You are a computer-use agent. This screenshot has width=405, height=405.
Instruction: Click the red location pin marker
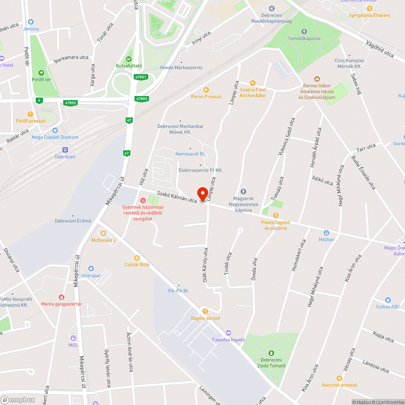tap(201, 194)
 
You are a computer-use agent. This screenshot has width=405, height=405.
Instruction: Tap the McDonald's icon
tap(103, 233)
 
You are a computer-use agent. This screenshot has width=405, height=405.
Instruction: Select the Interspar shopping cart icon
tap(91, 268)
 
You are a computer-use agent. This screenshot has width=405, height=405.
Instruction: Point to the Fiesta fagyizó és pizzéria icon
tap(276, 215)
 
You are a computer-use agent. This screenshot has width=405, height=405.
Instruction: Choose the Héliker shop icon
tap(326, 232)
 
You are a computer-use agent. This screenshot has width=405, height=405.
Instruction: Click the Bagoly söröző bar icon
tap(205, 311)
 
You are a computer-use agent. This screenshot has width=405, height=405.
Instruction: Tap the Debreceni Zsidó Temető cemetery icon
tap(271, 353)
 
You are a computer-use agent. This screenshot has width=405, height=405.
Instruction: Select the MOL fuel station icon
tap(73, 338)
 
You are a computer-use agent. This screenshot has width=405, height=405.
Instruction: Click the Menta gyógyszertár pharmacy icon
tap(62, 297)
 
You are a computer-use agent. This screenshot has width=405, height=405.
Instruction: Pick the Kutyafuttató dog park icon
tap(130, 58)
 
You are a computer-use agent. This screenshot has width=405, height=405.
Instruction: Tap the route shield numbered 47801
tap(141, 77)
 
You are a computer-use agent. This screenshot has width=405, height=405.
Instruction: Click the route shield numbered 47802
tap(70, 103)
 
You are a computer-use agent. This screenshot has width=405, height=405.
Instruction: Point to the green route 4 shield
tap(39, 100)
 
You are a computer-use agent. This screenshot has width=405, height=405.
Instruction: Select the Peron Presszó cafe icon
tap(206, 90)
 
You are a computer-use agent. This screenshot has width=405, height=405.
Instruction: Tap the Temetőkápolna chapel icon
tap(304, 32)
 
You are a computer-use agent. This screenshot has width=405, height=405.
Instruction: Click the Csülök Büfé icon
tap(137, 258)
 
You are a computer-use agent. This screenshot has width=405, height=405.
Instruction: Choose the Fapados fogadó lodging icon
tap(228, 333)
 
